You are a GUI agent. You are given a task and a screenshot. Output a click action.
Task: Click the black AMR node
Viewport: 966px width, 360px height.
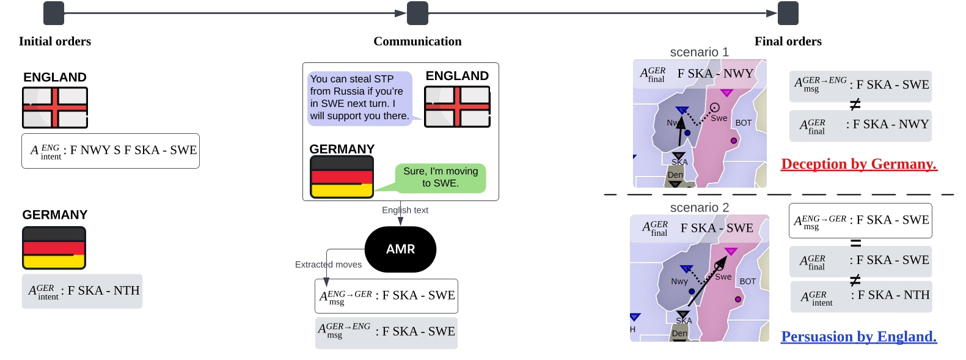[x=400, y=249]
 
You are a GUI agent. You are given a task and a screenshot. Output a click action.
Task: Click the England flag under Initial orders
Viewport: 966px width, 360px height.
[x=55, y=108]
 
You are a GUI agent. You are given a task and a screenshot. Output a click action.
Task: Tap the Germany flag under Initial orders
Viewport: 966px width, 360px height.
[x=54, y=248]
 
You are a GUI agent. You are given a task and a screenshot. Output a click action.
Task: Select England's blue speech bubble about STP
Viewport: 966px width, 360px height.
[x=359, y=98]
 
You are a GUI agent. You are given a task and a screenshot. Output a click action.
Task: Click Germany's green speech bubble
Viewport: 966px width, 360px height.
[x=440, y=177]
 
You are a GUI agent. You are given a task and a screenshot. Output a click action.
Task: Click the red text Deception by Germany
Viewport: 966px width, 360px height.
[x=858, y=164]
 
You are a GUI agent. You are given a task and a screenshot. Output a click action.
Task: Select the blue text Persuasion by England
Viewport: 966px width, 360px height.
[x=858, y=337]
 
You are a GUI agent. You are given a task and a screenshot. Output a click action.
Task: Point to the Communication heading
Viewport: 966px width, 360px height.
[x=417, y=42]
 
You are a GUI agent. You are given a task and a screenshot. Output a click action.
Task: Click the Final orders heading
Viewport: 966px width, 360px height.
[x=788, y=42]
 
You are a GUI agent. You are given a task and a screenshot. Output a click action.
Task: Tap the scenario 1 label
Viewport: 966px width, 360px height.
[x=699, y=52]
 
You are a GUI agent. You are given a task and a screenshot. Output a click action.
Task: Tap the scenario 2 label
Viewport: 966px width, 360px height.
[x=699, y=208]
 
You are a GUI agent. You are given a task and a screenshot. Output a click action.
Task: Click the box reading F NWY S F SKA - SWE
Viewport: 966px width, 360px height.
[x=111, y=150]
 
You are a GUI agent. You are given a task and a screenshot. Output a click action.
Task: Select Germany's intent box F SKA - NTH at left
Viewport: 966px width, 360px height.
[x=82, y=291]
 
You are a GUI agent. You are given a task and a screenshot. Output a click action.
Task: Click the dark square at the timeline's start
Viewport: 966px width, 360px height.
[x=54, y=13]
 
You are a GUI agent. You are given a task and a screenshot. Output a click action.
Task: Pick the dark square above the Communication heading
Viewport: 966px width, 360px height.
[x=417, y=13]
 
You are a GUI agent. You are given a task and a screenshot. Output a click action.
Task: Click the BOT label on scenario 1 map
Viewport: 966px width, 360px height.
[x=743, y=123]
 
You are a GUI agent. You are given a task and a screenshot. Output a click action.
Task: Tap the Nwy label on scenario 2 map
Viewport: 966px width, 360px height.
[x=679, y=282]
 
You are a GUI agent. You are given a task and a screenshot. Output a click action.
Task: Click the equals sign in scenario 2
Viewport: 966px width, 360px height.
[x=855, y=243]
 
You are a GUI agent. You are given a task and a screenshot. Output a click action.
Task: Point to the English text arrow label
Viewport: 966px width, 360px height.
[x=404, y=210]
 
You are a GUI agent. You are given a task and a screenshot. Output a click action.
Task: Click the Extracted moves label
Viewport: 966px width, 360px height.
[x=328, y=265]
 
